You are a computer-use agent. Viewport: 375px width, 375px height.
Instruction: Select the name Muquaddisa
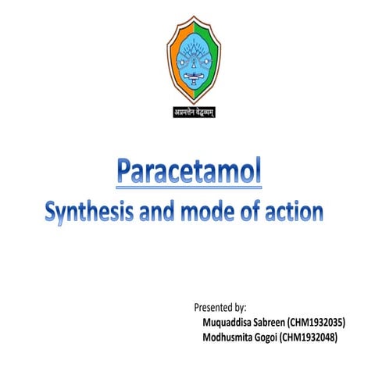[227, 321]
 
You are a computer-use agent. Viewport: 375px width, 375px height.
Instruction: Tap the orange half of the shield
[173, 47]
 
